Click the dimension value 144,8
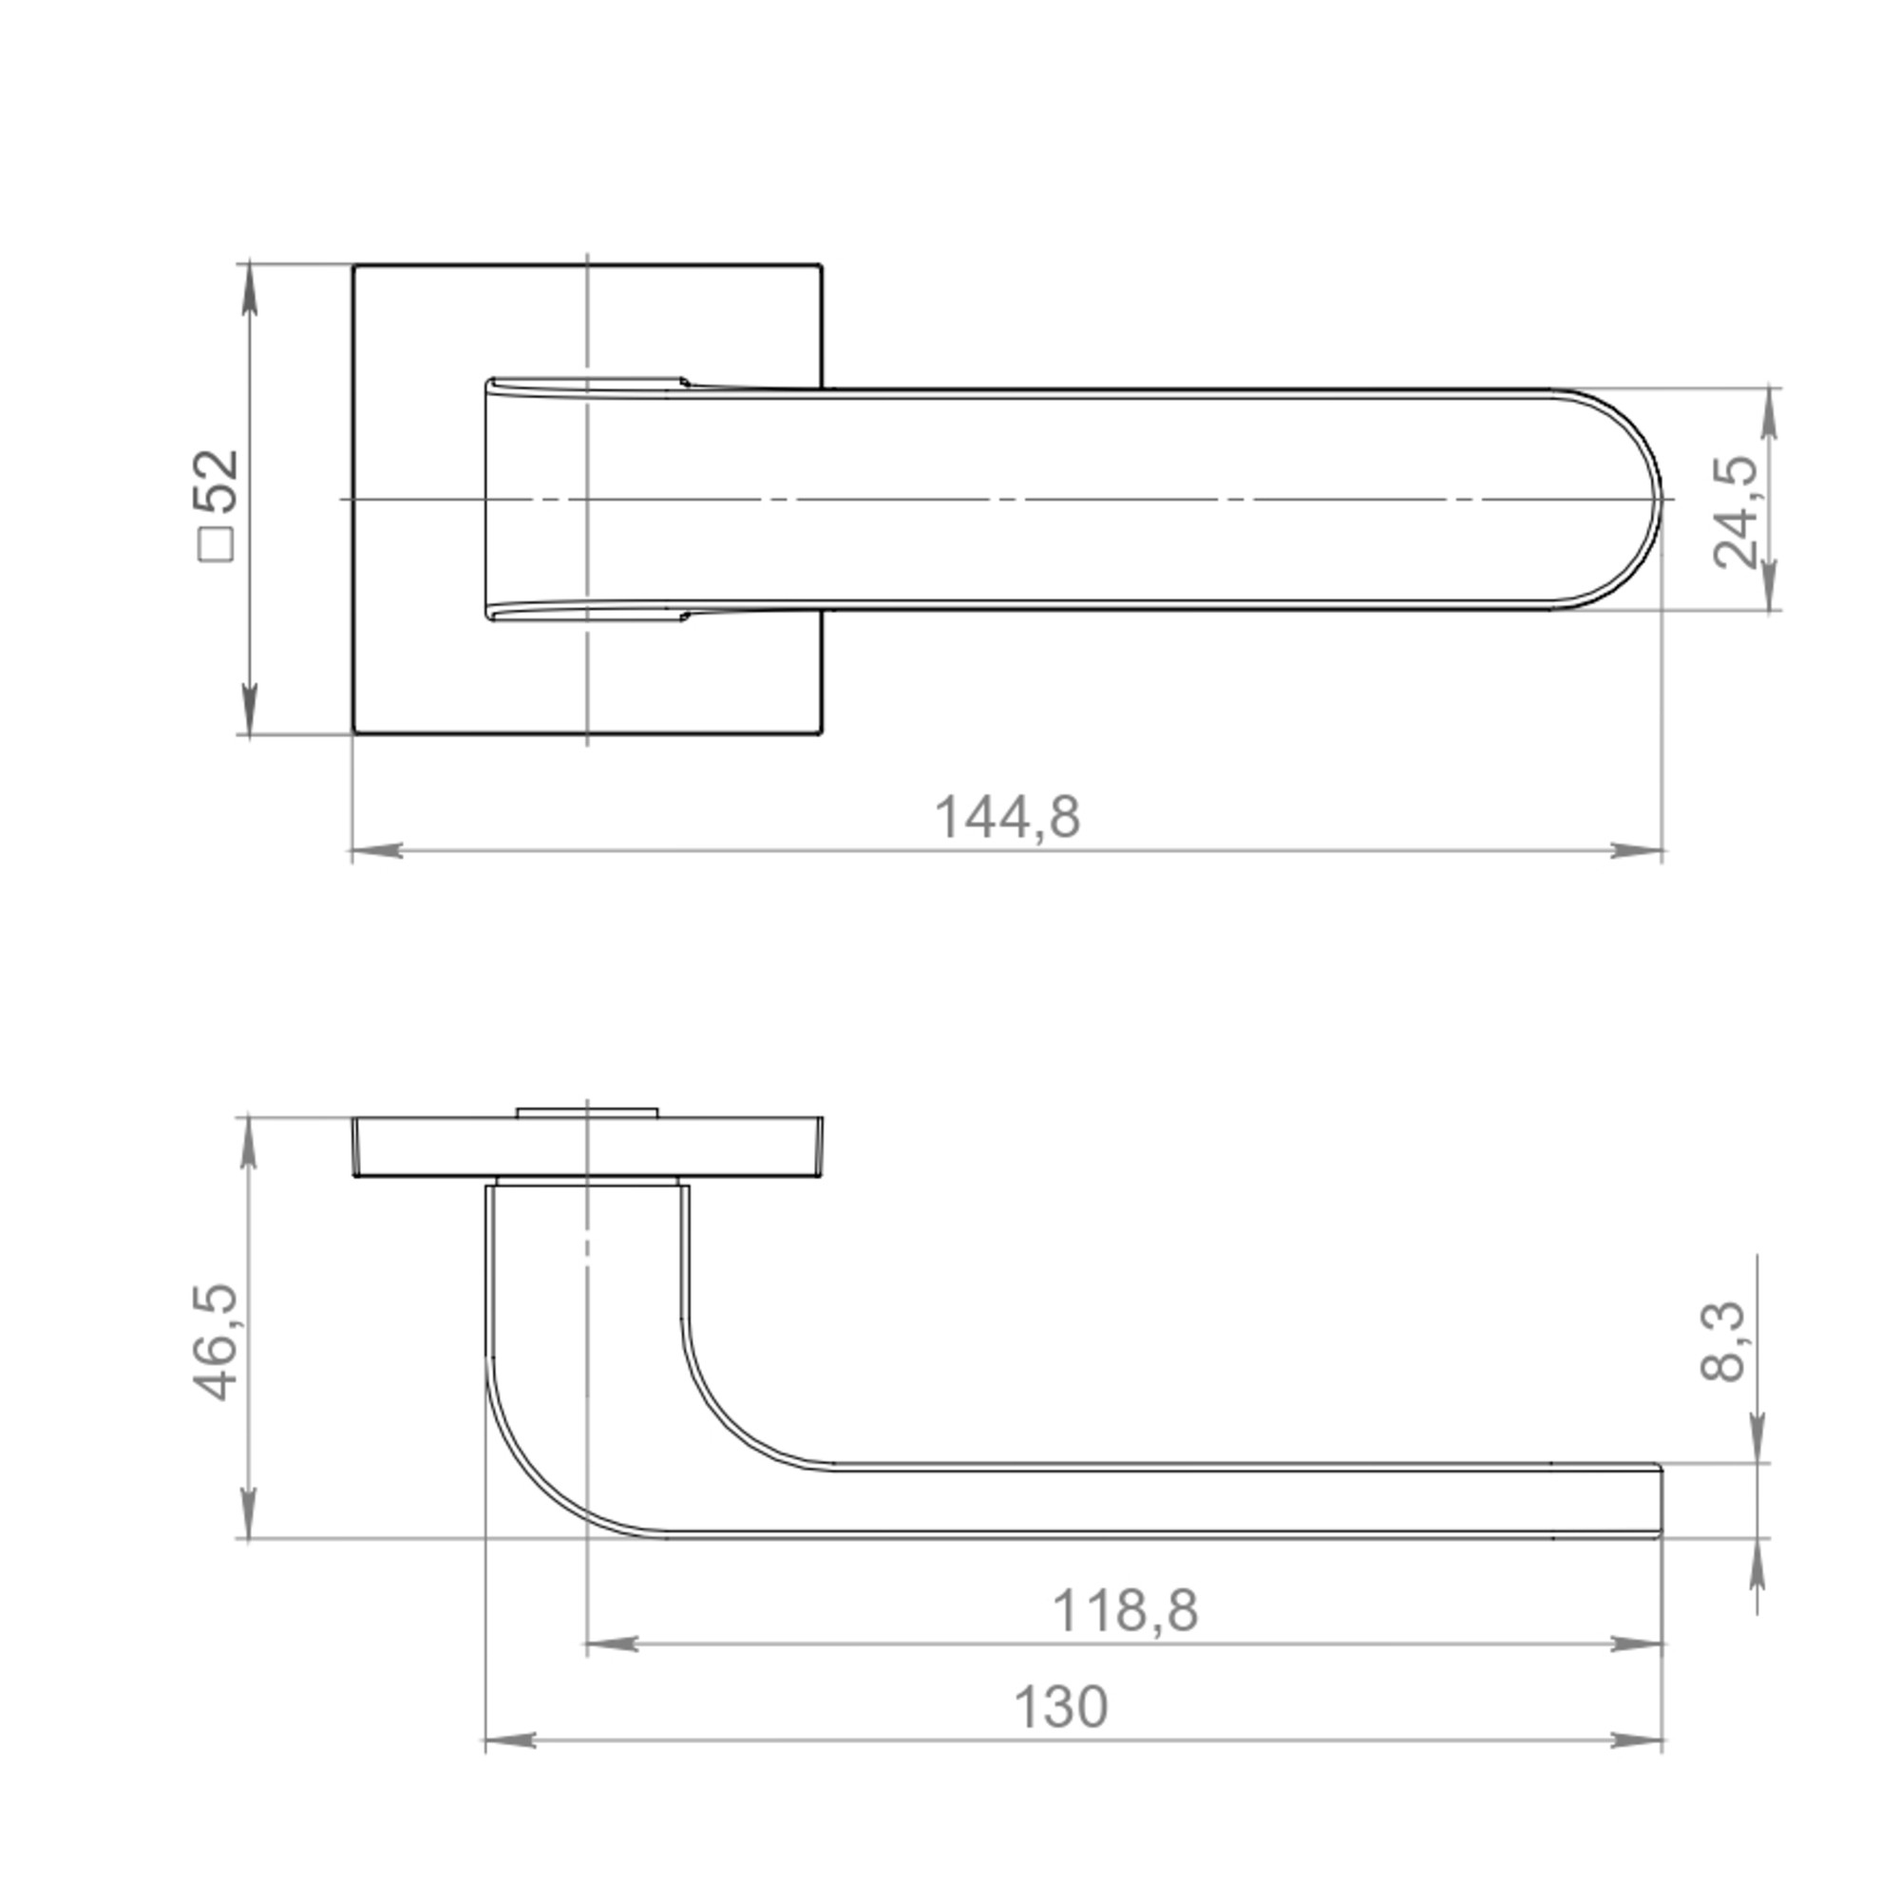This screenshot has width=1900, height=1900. (x=1006, y=818)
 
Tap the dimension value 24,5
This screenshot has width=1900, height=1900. (x=1736, y=511)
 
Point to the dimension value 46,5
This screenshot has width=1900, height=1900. (x=215, y=1342)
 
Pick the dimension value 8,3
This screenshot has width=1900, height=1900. (x=1723, y=1342)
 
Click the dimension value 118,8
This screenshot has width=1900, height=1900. (x=1124, y=1612)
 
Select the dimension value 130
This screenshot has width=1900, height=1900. (x=1060, y=1708)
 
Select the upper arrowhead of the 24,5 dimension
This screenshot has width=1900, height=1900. (x=1769, y=413)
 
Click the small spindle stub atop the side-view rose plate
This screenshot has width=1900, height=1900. (x=587, y=1112)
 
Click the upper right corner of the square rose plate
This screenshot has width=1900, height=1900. (x=820, y=266)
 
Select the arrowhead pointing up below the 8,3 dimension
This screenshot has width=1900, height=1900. (x=1758, y=1564)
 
